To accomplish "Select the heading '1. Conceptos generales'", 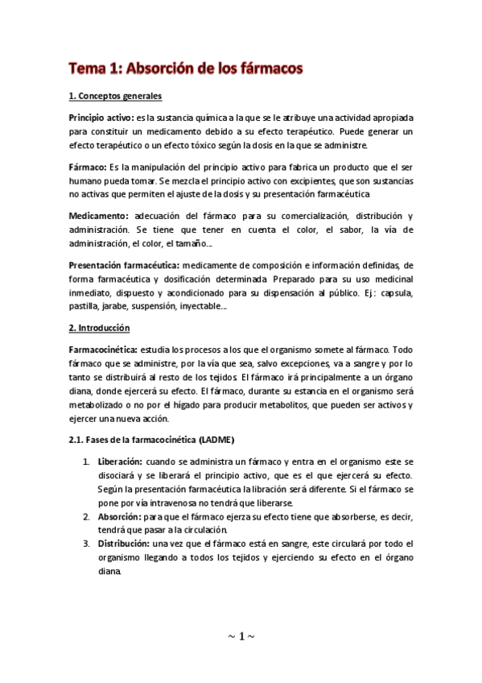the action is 115,97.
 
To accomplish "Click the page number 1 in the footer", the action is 241,636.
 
